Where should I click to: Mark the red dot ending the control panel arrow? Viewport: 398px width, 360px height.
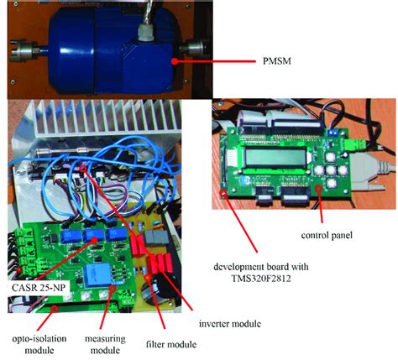(319, 191)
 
